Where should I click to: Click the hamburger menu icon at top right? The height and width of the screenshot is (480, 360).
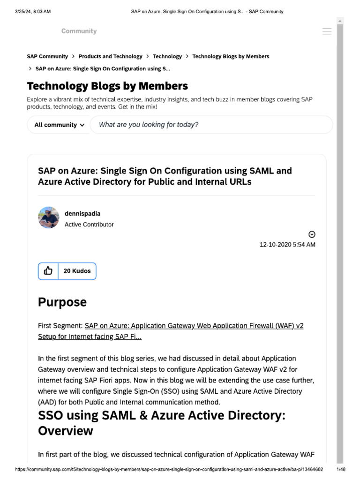click(x=327, y=31)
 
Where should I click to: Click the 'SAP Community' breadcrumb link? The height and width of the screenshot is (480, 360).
click(x=47, y=56)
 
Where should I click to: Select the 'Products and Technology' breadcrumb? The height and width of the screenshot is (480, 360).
click(x=110, y=56)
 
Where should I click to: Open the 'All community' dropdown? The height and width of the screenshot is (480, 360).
click(x=59, y=125)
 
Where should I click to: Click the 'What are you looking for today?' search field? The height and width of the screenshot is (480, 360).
click(x=211, y=125)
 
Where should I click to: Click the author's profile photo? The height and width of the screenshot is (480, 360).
click(x=49, y=217)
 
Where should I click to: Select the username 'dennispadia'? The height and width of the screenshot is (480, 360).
click(x=82, y=214)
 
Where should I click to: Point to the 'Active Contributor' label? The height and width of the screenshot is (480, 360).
click(x=89, y=225)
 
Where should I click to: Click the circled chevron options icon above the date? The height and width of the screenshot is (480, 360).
click(x=312, y=234)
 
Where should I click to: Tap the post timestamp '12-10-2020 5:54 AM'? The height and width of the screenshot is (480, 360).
click(x=287, y=245)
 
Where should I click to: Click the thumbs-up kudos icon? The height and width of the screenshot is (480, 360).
click(x=48, y=271)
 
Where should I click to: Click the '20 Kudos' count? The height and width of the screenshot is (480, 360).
click(x=77, y=271)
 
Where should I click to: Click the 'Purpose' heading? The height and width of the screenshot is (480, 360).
click(x=62, y=302)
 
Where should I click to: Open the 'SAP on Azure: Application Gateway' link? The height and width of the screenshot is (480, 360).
click(x=194, y=325)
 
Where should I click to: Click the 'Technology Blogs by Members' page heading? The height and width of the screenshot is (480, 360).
click(x=107, y=86)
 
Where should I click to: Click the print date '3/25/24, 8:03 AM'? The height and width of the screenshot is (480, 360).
click(x=32, y=11)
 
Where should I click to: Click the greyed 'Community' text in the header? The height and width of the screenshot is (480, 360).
click(x=79, y=31)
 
